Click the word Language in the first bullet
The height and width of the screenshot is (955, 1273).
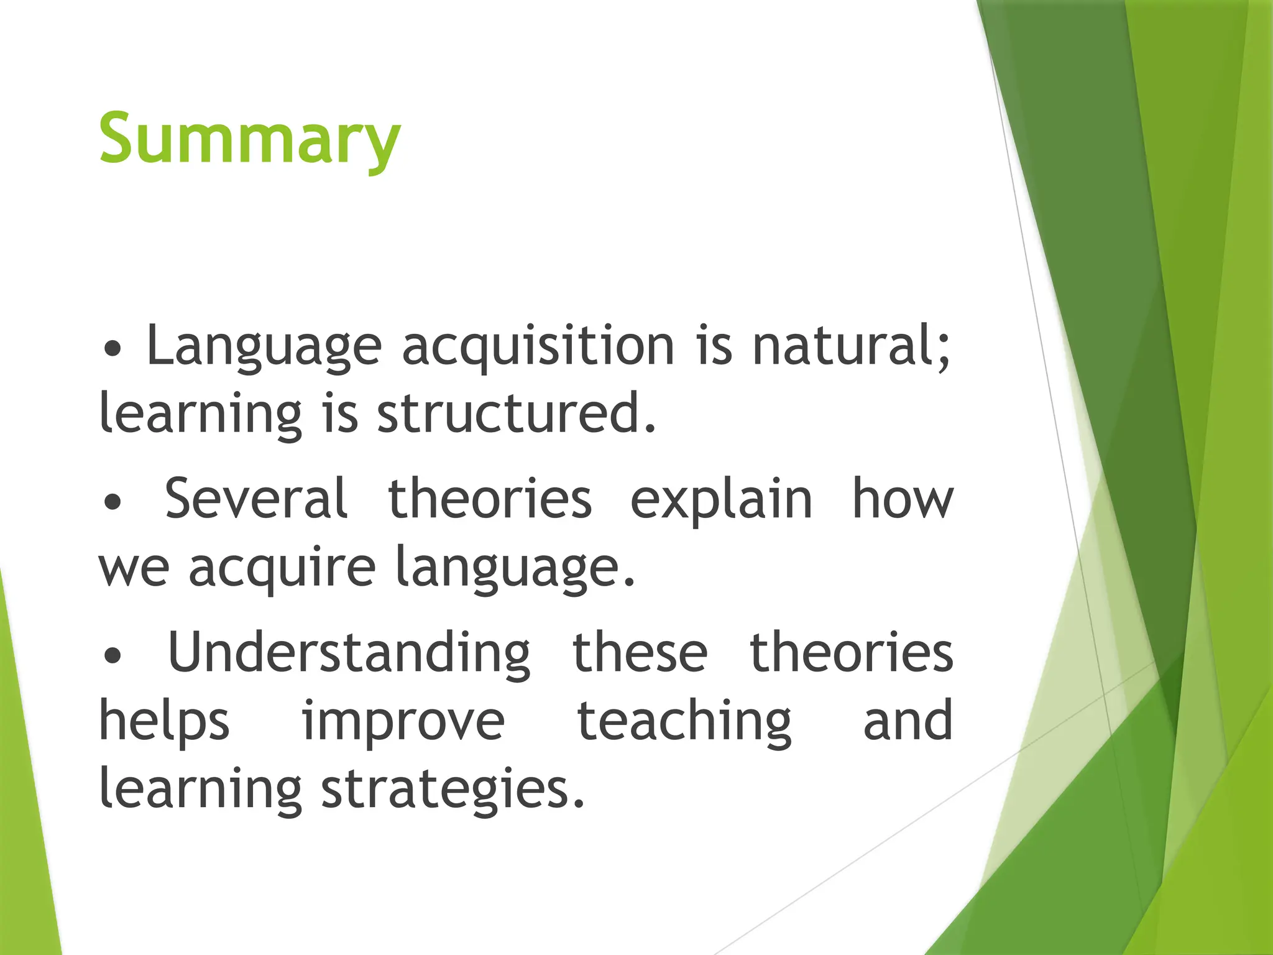click(264, 347)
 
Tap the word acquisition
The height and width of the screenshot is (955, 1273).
click(538, 347)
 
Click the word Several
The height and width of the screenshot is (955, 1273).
click(255, 499)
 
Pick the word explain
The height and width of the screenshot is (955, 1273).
click(721, 500)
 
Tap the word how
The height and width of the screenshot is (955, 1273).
click(902, 499)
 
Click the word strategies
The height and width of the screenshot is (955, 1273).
click(453, 790)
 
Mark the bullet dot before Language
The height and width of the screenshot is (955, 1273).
click(113, 349)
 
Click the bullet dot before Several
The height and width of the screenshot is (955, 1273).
click(113, 502)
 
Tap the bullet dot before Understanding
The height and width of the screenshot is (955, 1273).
click(113, 655)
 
